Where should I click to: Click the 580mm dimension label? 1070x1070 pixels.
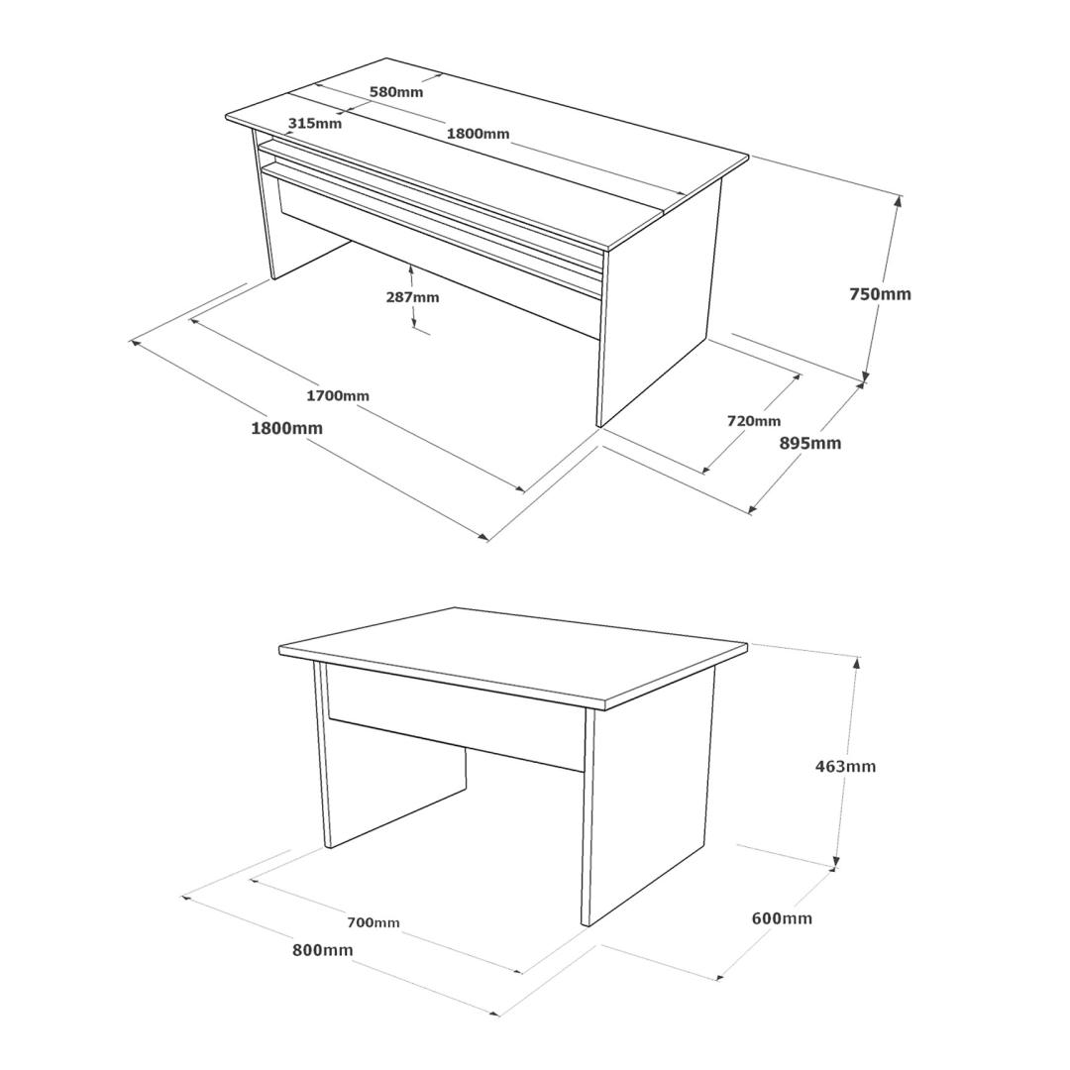(395, 91)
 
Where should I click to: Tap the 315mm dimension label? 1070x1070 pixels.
(315, 124)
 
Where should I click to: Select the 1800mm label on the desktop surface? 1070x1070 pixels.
(478, 133)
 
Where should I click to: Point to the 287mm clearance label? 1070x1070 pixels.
(412, 297)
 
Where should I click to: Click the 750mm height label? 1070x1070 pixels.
(880, 293)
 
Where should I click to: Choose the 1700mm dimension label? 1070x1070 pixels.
(337, 395)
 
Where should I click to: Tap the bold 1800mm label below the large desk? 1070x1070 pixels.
(286, 429)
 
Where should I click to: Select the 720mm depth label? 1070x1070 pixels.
(753, 421)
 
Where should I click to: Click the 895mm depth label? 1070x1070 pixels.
(810, 443)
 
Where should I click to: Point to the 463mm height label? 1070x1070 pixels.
(845, 766)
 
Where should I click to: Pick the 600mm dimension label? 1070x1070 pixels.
(782, 917)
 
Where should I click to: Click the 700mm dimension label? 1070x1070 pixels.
(374, 922)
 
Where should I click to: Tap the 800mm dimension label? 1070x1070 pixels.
(323, 949)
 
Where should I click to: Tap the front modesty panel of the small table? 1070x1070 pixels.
(457, 716)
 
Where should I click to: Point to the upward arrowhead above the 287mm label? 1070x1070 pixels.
(411, 270)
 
